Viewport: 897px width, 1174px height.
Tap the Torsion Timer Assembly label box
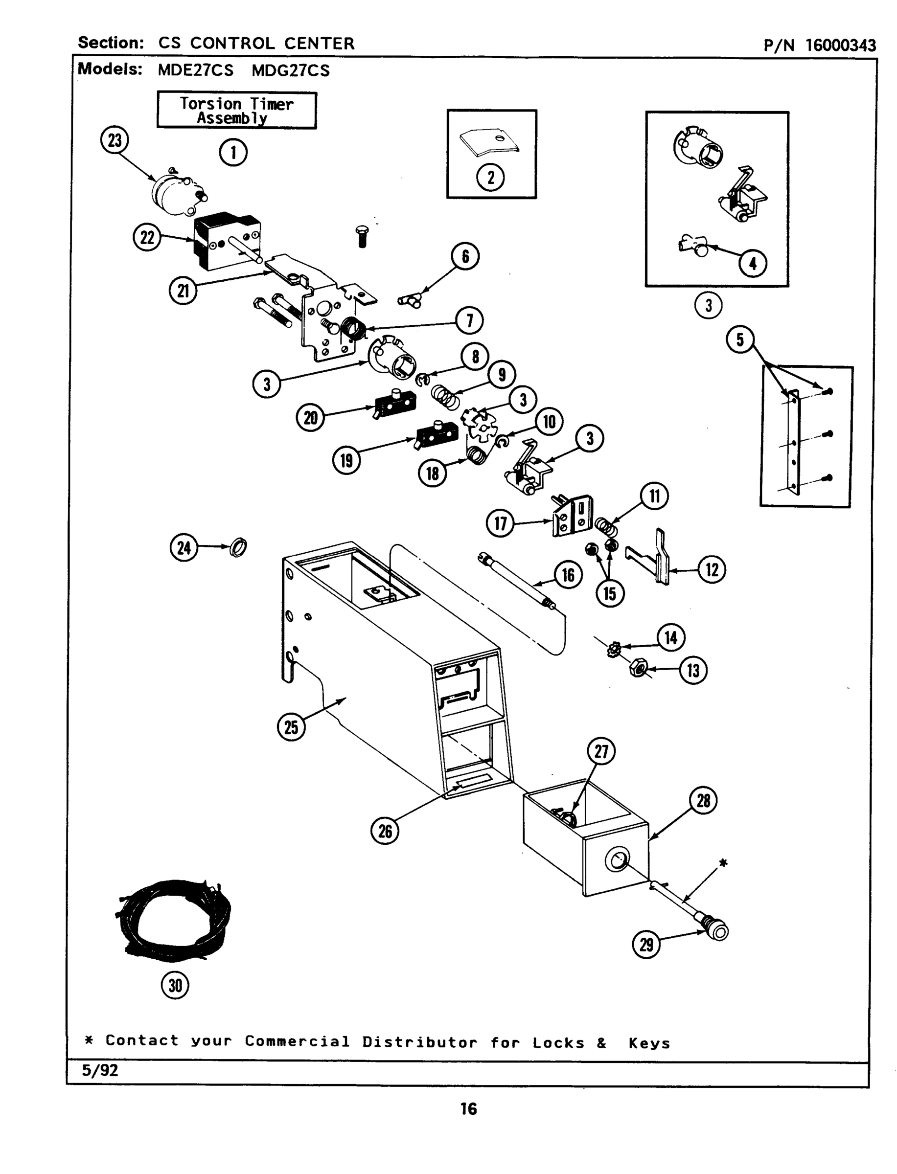[236, 111]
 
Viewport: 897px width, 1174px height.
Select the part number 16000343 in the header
[840, 45]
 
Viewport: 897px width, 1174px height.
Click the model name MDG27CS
[291, 71]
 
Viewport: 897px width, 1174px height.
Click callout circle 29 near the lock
[646, 945]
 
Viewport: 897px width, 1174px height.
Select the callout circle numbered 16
[568, 575]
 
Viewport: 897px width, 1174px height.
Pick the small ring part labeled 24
[238, 547]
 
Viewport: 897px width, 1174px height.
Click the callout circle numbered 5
[740, 339]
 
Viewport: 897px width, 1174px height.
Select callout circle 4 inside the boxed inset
[753, 263]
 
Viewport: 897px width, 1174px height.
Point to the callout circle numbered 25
[291, 727]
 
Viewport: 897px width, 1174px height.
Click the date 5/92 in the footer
[100, 1070]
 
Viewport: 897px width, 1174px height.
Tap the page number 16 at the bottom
[468, 1109]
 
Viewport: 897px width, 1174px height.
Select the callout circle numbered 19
[346, 460]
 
